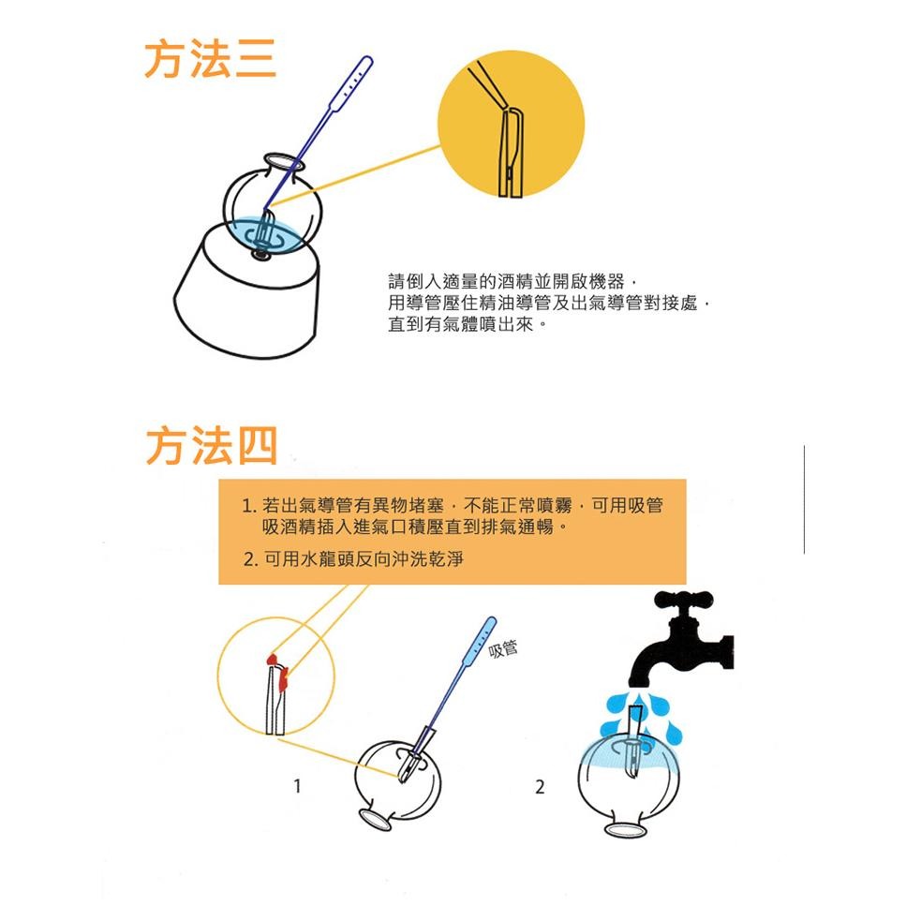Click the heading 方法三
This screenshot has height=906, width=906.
click(210, 59)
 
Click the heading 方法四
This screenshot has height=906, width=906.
click(212, 445)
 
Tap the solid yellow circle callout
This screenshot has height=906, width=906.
click(511, 125)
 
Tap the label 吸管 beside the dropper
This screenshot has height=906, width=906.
click(503, 649)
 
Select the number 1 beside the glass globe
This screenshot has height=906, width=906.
click(297, 786)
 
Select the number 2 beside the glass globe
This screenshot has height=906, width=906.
click(540, 786)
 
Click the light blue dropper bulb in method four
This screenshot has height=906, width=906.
click(479, 640)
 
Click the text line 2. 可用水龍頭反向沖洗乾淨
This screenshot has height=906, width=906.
click(353, 558)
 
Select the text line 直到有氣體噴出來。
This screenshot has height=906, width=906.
click(468, 324)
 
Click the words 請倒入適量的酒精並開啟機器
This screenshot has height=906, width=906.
click(506, 281)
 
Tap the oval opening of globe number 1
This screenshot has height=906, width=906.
click(376, 818)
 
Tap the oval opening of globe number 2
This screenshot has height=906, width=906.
click(626, 830)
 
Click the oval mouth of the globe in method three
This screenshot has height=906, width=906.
click(283, 161)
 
